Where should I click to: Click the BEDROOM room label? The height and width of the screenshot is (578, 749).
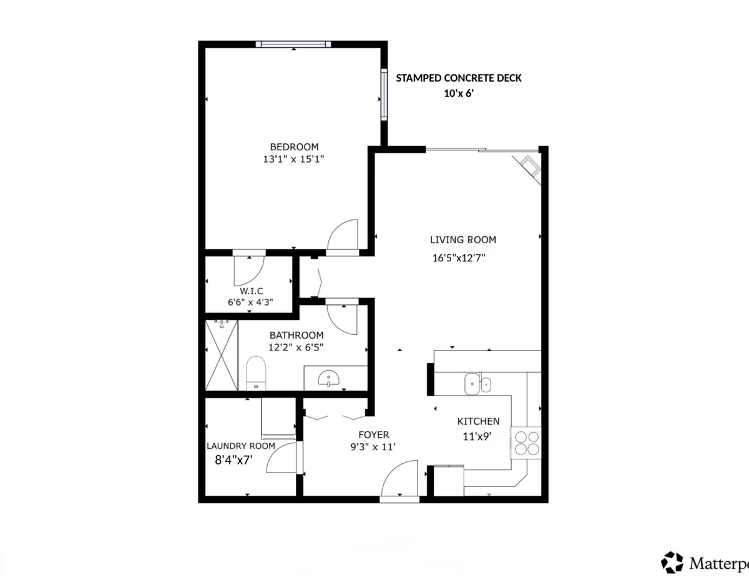click(294, 147)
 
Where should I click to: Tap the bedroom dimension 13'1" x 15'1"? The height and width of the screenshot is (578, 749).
click(294, 160)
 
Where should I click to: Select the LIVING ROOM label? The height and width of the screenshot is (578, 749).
click(463, 239)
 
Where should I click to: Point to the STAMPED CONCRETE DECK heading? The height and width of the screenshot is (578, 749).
click(458, 78)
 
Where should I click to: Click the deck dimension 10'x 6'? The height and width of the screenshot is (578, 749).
click(459, 94)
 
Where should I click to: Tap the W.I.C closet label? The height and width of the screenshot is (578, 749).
click(252, 291)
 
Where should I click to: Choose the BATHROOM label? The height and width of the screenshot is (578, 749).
click(296, 335)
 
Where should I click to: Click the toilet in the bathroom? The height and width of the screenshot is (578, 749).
click(256, 373)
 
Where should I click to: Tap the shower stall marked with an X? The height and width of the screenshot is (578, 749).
click(222, 355)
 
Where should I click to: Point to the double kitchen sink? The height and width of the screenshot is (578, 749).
click(477, 384)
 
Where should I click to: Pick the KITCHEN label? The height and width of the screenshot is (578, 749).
click(478, 421)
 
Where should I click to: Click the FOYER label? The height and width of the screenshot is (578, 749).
click(374, 435)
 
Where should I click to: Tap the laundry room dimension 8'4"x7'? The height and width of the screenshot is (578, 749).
click(233, 460)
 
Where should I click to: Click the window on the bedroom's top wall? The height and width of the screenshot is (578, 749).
click(293, 44)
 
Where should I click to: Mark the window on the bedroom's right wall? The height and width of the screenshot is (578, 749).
click(384, 95)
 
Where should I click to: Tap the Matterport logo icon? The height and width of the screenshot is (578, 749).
click(672, 562)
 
